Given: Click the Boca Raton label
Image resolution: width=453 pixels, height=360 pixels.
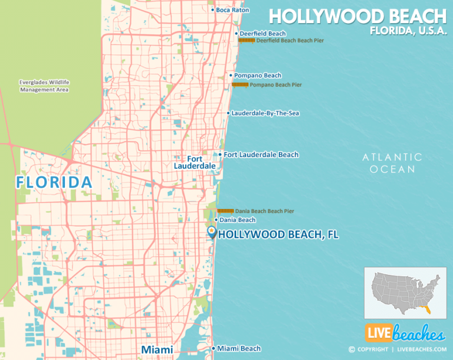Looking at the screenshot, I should coord(232,10).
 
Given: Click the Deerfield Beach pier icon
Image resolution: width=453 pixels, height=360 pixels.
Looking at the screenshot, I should coord(247,41).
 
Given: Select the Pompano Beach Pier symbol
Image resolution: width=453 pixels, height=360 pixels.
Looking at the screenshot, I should coord(239,85).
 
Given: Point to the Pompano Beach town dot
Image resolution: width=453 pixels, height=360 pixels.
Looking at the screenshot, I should coord(231,76).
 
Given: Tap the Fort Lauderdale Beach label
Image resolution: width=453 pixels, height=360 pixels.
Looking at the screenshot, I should coord(261,155).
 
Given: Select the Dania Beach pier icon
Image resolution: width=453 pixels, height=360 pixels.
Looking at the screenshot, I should coord(225,211).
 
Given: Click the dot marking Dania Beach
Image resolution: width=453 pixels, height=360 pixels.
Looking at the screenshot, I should coord(216,220).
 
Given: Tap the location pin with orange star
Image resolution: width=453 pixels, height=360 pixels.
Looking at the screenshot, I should coord(212,232).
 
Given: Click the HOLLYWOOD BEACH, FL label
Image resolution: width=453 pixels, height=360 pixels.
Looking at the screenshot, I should coord(278,235).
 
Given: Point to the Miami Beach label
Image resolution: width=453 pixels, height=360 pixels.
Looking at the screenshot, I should coord(239,349).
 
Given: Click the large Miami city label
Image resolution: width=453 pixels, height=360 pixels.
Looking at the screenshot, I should coord(157,350).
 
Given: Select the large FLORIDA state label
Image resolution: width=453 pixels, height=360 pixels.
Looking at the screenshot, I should coord(54,182).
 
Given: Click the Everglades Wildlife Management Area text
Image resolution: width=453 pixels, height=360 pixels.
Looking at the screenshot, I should coord(44,86).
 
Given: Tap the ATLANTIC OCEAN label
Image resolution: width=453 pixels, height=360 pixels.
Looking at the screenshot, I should coord(392,163).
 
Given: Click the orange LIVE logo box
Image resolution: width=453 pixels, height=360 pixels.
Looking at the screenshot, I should coord(377,333).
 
